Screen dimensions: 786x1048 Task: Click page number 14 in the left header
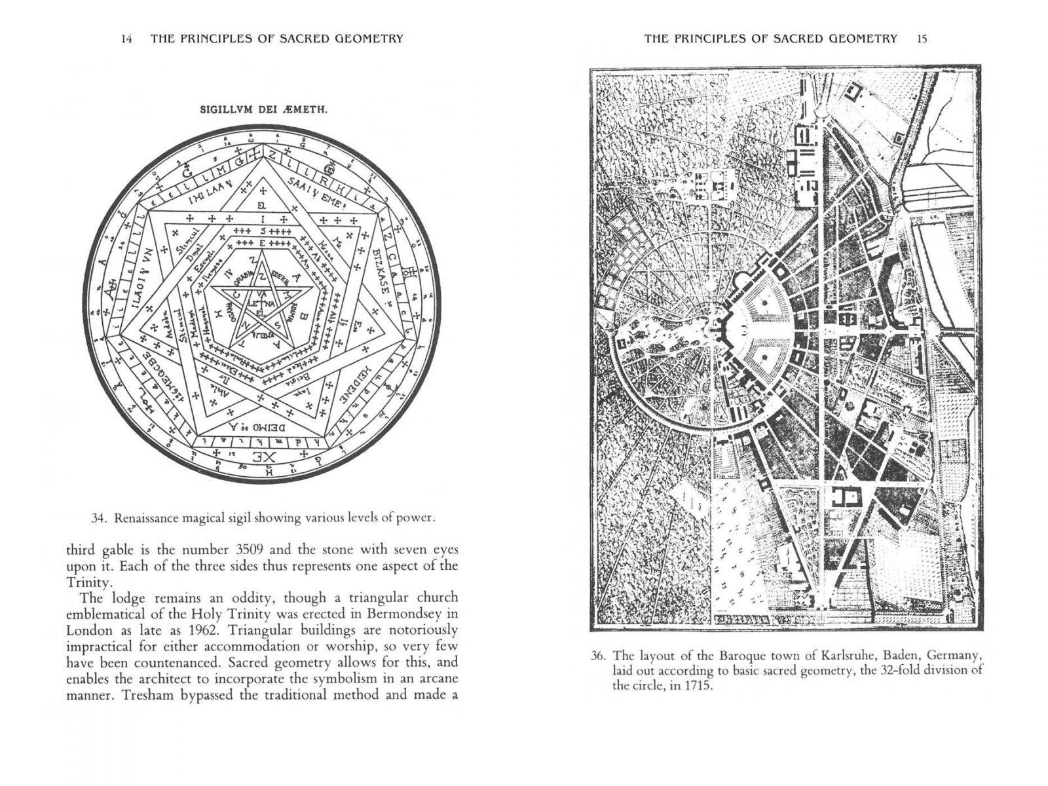click(x=127, y=39)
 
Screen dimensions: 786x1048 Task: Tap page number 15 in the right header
click(x=922, y=39)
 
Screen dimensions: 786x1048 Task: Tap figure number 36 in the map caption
click(x=599, y=656)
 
